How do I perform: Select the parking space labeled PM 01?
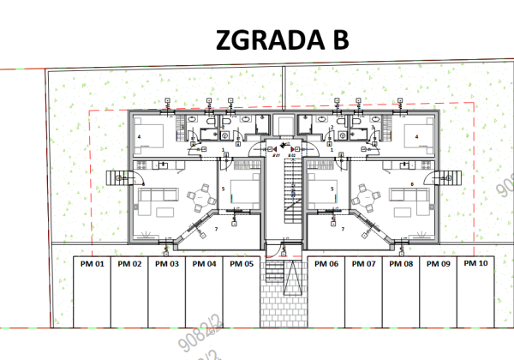(93, 264)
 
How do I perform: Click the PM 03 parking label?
(167, 264)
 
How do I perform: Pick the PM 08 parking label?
(401, 264)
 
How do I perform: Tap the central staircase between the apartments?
(284, 193)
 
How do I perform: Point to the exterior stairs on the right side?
(446, 179)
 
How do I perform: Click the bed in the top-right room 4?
(415, 135)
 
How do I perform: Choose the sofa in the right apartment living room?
(414, 202)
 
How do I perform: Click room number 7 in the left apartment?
(216, 229)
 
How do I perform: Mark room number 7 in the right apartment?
(350, 229)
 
